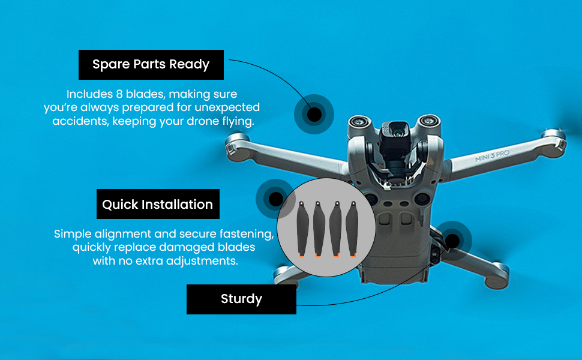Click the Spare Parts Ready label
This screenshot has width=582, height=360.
151,65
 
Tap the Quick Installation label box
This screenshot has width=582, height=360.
158,205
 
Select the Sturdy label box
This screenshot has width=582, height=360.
241,299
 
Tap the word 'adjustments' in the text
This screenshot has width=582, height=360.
204,261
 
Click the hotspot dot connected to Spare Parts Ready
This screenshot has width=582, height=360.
314,113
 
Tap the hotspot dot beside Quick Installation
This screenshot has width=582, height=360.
275,199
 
